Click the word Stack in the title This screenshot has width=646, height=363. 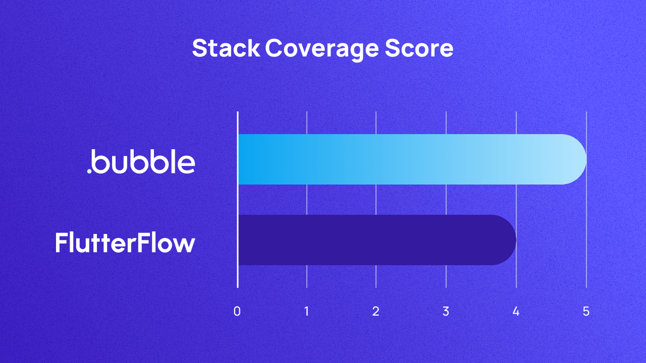click(x=226, y=49)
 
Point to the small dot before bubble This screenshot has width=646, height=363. click(x=89, y=171)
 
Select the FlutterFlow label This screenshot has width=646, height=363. click(x=125, y=243)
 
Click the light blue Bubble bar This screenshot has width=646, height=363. click(x=404, y=159)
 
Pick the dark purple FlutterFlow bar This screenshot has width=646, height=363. click(x=373, y=240)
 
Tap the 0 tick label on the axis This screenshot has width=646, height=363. click(x=237, y=312)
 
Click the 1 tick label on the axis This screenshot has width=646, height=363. click(x=307, y=312)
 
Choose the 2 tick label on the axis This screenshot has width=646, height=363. click(x=376, y=312)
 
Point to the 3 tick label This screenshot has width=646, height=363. click(x=446, y=312)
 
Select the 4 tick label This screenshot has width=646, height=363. click(x=516, y=312)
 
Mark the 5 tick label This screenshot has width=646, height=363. click(x=586, y=312)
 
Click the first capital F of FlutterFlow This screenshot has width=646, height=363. click(x=62, y=243)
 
